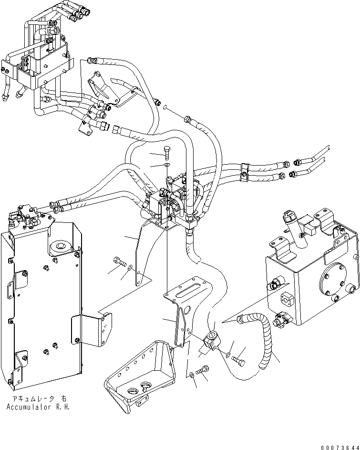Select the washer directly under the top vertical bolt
[x=166, y=165]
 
